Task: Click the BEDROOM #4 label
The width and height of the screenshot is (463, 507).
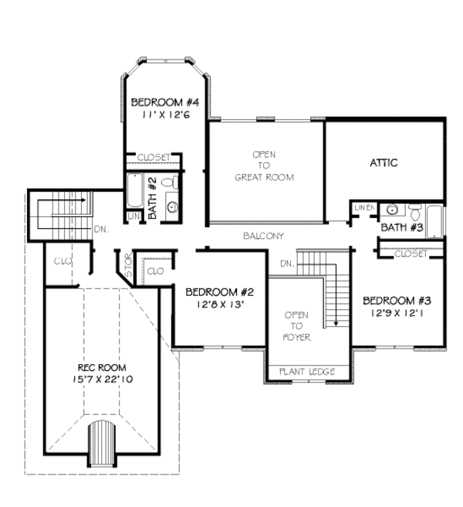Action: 165,102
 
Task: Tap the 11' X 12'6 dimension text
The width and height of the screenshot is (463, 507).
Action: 165,114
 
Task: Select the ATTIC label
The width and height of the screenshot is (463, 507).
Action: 384,163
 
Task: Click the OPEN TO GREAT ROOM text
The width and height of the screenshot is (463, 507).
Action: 264,165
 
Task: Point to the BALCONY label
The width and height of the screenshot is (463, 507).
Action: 263,236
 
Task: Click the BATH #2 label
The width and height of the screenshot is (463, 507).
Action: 153,199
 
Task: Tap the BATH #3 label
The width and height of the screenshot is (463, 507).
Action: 402,227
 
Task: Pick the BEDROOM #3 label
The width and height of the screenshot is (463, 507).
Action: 397,301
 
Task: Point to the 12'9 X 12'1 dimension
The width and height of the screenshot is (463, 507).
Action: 397,313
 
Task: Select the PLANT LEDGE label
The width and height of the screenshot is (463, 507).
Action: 306,373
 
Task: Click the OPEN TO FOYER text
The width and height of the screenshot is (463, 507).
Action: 297,326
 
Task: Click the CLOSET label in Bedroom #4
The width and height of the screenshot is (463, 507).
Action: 154,158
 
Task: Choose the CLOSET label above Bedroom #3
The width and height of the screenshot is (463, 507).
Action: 411,253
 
